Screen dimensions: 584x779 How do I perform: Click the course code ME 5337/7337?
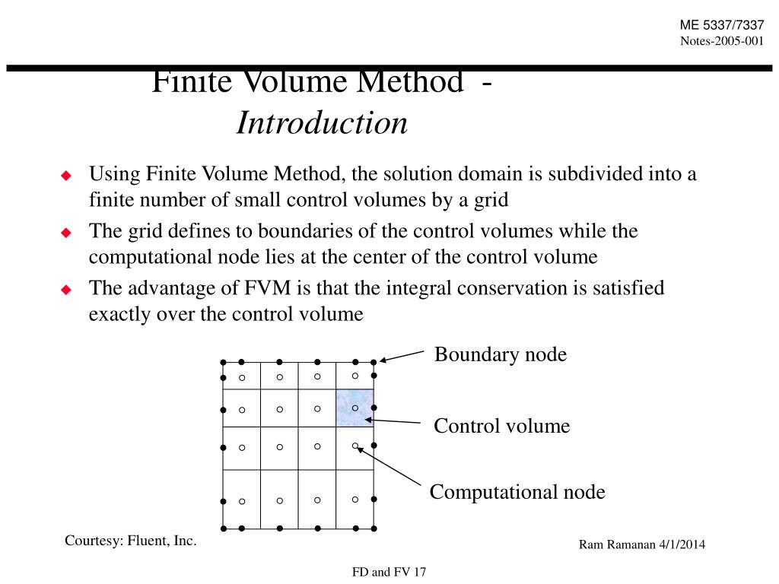(722, 25)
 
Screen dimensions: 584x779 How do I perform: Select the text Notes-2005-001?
(722, 40)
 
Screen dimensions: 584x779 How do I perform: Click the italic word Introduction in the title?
(322, 123)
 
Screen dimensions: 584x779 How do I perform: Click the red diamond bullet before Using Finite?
(65, 176)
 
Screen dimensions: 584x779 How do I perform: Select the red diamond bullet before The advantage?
(65, 290)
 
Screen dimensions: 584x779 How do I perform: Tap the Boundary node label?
(500, 354)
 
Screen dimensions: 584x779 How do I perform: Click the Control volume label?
(501, 426)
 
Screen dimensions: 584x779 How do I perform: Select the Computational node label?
(517, 492)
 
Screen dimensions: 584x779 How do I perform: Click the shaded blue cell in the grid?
(355, 408)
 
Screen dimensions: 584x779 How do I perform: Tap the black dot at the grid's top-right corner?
(374, 362)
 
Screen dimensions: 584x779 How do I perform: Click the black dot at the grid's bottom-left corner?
(223, 528)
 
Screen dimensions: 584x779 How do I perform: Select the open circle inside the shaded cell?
(355, 408)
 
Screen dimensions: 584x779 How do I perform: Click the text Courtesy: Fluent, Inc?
(131, 541)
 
